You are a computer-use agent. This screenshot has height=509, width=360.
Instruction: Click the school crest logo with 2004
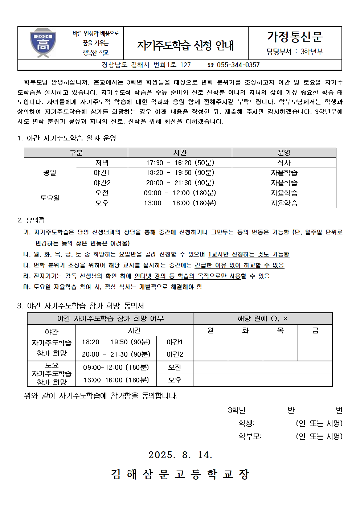click(x=43, y=43)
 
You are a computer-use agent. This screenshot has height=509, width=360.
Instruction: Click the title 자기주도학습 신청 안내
click(x=185, y=45)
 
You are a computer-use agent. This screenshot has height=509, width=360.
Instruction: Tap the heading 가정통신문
click(x=295, y=37)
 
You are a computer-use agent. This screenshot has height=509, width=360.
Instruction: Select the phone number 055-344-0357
click(x=238, y=65)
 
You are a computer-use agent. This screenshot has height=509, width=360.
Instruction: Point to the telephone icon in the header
click(x=210, y=65)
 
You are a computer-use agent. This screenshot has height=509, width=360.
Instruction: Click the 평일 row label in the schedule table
click(x=50, y=173)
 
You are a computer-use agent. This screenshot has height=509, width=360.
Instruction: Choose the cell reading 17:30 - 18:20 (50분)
click(x=180, y=163)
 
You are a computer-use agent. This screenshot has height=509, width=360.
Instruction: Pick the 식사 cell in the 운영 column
click(x=284, y=163)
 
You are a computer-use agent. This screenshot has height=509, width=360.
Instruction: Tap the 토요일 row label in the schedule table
click(x=50, y=198)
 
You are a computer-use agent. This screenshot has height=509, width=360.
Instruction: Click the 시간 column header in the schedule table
click(x=180, y=153)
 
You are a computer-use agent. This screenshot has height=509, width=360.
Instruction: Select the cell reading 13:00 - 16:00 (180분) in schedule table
click(x=180, y=203)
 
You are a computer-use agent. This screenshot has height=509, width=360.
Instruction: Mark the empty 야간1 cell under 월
click(x=210, y=342)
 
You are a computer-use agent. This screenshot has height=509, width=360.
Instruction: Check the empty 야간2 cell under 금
click(x=315, y=354)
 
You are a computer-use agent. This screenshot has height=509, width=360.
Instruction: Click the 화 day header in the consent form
click(x=245, y=331)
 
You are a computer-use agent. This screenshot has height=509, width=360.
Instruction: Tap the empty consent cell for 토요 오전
click(x=262, y=368)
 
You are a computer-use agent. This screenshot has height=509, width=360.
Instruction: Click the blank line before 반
click(x=268, y=410)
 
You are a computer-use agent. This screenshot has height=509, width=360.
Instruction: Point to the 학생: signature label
click(x=246, y=423)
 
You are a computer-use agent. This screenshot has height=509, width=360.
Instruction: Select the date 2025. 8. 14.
click(x=180, y=455)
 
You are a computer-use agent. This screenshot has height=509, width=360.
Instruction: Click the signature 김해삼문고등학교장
click(x=180, y=474)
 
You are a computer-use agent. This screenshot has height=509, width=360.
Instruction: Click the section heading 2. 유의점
click(x=31, y=220)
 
